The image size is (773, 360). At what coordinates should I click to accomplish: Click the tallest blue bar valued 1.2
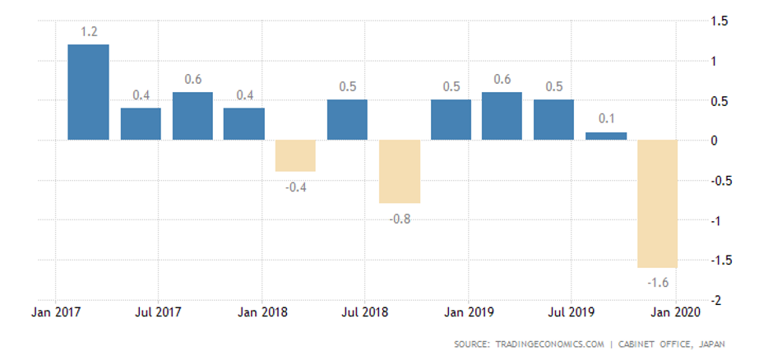point(88,92)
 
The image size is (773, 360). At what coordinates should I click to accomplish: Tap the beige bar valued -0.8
point(400,172)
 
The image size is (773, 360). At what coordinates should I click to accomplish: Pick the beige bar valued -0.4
point(295,155)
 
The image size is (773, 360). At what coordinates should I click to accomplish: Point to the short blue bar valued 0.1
point(606,136)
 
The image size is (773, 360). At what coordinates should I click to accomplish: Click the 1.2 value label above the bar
point(89,32)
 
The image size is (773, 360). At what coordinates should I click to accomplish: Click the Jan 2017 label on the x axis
point(55,313)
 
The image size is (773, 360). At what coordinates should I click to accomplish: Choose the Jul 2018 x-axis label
point(365,313)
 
